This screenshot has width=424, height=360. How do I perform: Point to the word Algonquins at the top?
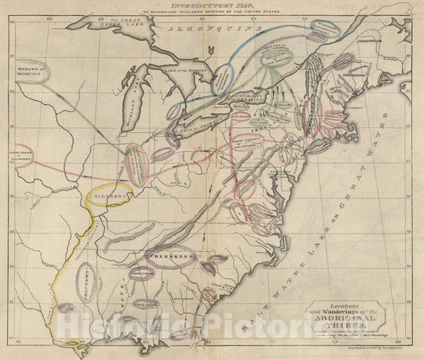[211, 29]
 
